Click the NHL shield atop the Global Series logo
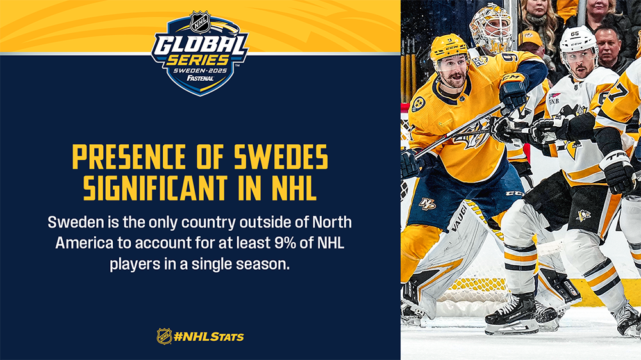coord(200,22)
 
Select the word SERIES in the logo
coord(197,60)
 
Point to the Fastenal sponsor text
coord(200,78)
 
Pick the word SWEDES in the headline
coord(281,156)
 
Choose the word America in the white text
coord(84,243)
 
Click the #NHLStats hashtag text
coord(208,337)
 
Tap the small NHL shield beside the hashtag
coord(164,336)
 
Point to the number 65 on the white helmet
coord(575,33)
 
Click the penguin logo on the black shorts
coord(584,215)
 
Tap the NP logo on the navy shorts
coord(427,203)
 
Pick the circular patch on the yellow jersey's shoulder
coord(418,104)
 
